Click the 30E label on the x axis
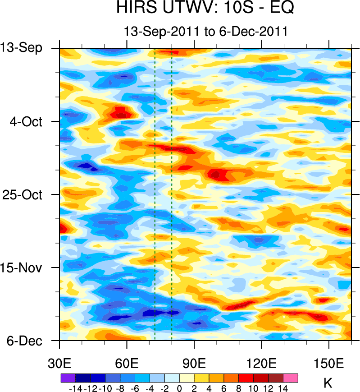(59, 364)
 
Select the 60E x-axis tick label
(127, 364)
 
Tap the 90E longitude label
(194, 364)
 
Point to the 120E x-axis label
(262, 364)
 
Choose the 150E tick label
(329, 364)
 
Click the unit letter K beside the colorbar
(328, 383)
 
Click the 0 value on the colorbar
(179, 387)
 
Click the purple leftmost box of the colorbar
(68, 378)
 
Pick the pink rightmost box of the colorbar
(291, 378)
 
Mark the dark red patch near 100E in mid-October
(217, 174)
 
